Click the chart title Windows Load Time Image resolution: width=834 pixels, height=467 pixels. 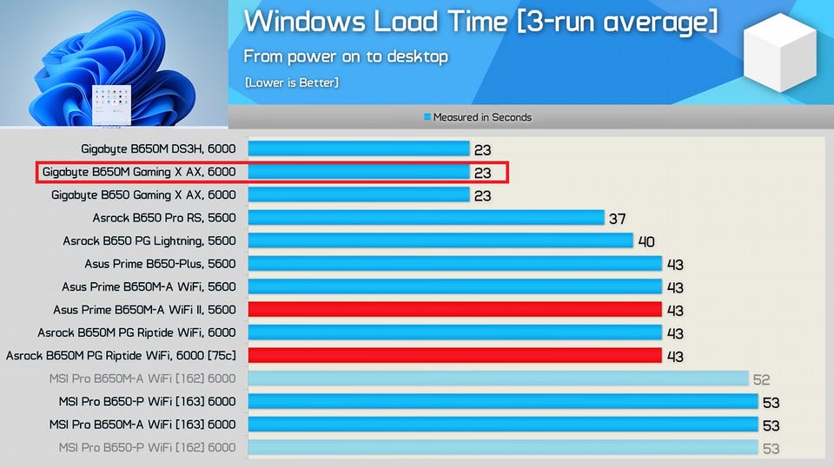click(480, 21)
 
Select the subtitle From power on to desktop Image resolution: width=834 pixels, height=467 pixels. click(346, 56)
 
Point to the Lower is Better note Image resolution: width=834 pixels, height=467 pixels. click(292, 82)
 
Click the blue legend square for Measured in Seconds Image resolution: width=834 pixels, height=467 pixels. click(427, 117)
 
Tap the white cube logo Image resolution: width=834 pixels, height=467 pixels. click(779, 53)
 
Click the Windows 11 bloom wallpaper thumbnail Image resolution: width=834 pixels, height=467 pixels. click(113, 63)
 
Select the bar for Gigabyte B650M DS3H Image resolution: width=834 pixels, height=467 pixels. click(359, 149)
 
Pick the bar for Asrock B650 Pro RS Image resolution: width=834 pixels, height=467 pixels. click(426, 218)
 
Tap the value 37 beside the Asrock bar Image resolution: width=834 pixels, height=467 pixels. click(617, 219)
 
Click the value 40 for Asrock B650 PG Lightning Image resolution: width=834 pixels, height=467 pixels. click(646, 241)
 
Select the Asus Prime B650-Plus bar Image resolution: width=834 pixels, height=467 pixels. click(454, 263)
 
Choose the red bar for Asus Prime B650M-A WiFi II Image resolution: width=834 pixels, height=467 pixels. click(454, 309)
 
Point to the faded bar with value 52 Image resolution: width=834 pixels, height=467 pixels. click(498, 378)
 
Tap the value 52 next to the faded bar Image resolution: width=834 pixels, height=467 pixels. click(762, 379)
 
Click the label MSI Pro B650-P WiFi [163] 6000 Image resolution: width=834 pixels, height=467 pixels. click(147, 401)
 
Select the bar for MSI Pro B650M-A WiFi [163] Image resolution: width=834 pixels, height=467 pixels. click(502, 424)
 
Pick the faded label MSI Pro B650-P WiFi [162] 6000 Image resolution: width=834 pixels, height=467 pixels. click(147, 447)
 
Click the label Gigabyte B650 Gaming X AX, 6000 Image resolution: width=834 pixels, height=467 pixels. click(143, 195)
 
